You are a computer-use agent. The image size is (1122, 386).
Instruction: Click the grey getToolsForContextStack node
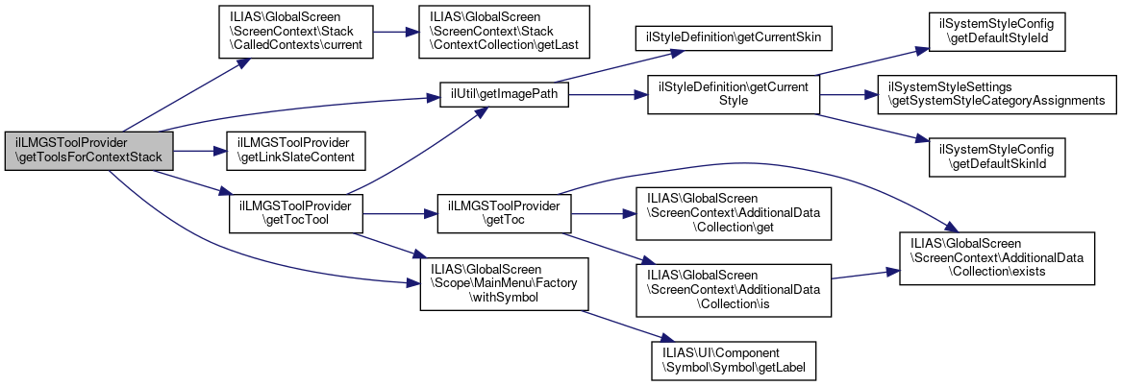[88, 150]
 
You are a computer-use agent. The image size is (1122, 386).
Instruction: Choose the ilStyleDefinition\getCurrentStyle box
[733, 94]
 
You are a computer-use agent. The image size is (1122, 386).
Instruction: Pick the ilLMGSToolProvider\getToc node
[505, 213]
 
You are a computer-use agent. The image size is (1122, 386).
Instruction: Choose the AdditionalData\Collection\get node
[733, 213]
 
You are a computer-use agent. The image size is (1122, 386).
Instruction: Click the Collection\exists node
[996, 256]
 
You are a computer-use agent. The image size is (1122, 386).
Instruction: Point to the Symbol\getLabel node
[733, 359]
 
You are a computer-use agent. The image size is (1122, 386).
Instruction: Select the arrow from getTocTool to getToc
[400, 213]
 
